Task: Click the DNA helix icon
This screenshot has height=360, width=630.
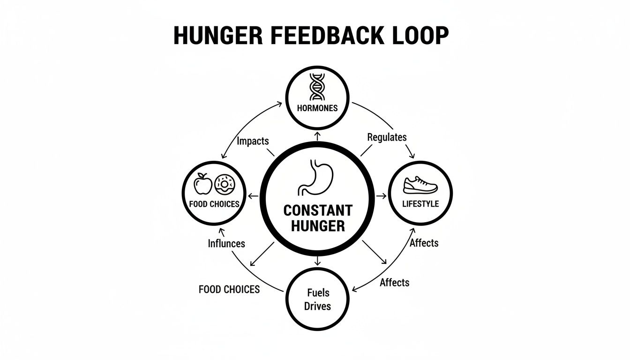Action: tap(317, 88)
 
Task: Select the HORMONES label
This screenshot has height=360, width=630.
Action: tap(317, 108)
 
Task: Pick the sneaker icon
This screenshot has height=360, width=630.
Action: tap(420, 185)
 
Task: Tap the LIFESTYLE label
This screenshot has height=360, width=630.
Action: tap(420, 204)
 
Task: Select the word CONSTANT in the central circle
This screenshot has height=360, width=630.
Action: tap(318, 210)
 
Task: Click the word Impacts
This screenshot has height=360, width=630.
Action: tap(253, 141)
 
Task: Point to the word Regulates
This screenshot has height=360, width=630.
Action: tap(387, 137)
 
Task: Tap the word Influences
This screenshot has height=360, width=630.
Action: tap(226, 244)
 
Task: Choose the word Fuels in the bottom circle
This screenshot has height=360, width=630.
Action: tap(318, 293)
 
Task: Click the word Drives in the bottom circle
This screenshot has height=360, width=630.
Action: tap(318, 306)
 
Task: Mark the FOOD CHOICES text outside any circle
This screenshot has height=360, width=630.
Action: tap(229, 289)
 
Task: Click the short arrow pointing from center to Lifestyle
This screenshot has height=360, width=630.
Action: tap(380, 195)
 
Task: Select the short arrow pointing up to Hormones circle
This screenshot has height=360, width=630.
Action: tap(318, 136)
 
